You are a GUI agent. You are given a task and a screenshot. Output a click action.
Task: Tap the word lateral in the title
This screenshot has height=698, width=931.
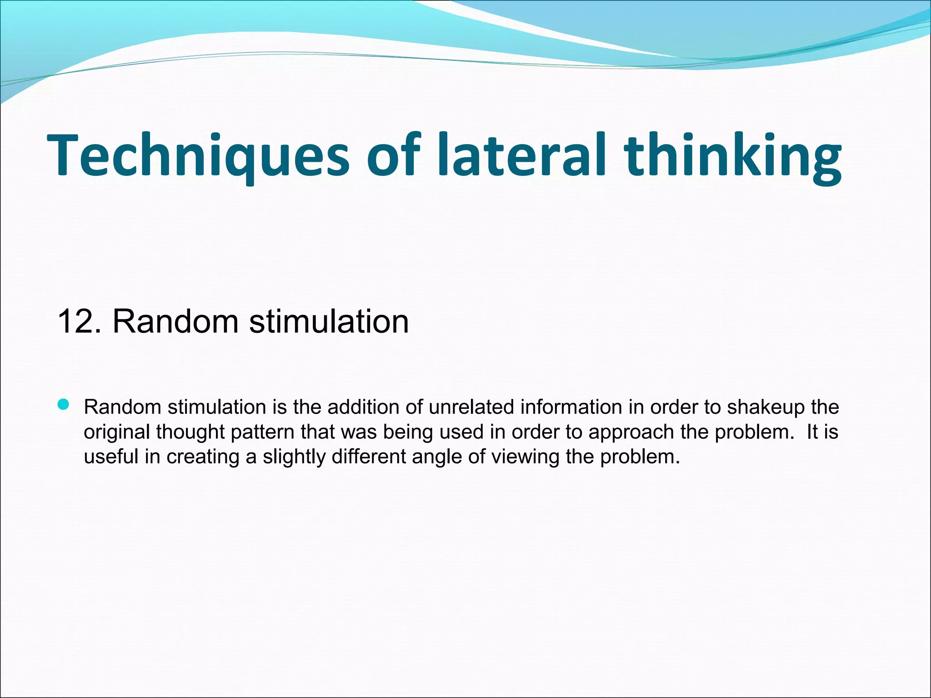click(x=521, y=155)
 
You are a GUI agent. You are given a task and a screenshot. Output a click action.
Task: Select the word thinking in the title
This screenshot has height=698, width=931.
click(x=732, y=155)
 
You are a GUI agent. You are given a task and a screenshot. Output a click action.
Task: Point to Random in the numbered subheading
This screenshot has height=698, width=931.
click(x=175, y=322)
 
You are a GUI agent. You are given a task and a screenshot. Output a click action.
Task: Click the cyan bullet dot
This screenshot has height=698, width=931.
click(x=64, y=404)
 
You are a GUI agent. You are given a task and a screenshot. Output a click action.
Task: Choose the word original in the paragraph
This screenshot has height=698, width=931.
click(x=117, y=432)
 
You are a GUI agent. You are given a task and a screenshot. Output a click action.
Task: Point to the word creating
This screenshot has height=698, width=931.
click(x=202, y=457)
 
